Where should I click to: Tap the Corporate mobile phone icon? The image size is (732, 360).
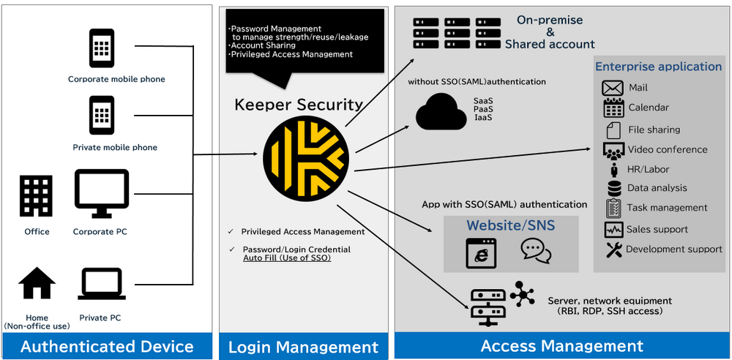tap(102, 48)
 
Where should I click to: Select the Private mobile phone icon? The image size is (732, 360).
tap(102, 116)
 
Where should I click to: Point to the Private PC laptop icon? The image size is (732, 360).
tap(100, 285)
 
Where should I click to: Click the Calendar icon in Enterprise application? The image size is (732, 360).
tap(613, 108)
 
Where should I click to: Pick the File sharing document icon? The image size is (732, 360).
tap(613, 130)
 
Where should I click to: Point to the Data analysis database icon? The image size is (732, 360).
tap(613, 188)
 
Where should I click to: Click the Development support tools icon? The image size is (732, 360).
tap(613, 250)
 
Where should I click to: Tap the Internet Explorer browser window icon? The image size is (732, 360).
tap(481, 252)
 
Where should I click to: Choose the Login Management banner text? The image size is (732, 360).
tap(303, 347)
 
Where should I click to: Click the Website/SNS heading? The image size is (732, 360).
tap(511, 226)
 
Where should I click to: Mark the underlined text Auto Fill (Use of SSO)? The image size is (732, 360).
tap(287, 258)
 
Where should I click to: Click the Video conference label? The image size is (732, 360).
tap(668, 149)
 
